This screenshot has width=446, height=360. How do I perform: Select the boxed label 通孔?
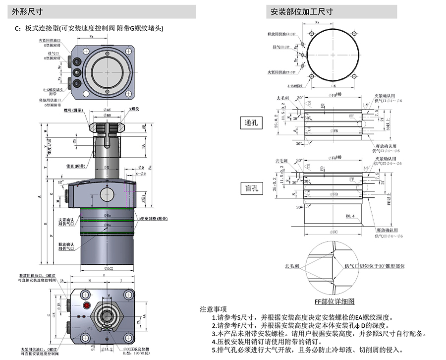[x=252, y=122]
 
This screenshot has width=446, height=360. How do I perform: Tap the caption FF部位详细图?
[x=334, y=301]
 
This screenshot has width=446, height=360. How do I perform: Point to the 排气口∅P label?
[x=283, y=47]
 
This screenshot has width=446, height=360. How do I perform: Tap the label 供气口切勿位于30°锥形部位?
[x=374, y=266]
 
